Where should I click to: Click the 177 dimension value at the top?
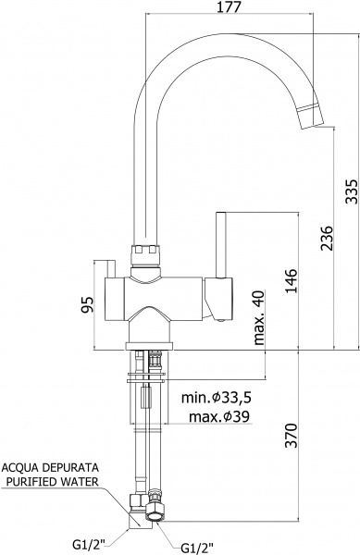coord(229,6)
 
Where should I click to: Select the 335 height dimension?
coord(352,191)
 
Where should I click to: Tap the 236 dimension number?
coord(328,238)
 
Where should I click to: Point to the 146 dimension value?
coord(292,281)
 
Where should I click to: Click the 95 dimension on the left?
coord(87,304)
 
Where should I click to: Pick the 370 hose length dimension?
coord(292,436)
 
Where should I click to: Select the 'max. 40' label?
coord(259,317)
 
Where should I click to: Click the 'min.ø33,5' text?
coord(217,398)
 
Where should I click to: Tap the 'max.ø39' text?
coord(219,416)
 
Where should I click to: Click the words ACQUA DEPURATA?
coord(50,467)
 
